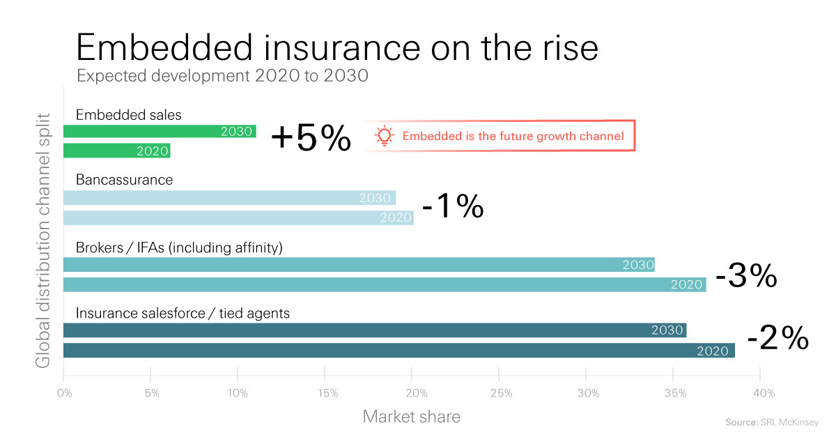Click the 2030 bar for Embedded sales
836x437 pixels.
160,131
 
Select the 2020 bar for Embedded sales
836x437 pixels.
117,151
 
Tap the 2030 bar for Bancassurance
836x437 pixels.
229,198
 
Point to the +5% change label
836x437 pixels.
311,139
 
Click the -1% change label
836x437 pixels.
453,206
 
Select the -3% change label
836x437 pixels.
746,277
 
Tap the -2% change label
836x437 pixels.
777,339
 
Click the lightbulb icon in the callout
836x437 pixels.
385,136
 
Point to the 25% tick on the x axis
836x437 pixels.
502,394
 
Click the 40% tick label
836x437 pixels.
764,394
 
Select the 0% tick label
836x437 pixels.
64,394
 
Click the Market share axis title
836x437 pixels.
411,417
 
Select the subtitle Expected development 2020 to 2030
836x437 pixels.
222,75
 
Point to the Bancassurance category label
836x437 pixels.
124,180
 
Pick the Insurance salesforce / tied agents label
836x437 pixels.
183,314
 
